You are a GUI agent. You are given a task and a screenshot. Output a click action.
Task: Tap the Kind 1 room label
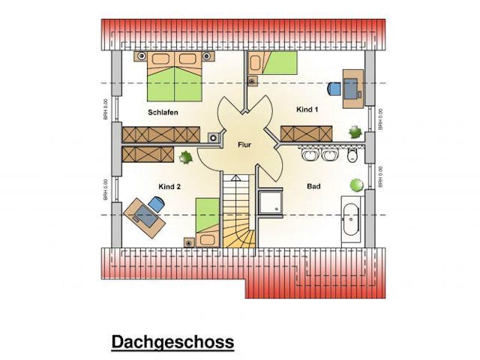pyautogui.click(x=307, y=109)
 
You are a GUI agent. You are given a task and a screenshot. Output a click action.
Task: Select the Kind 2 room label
pyautogui.click(x=169, y=186)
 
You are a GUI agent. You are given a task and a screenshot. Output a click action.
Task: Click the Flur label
pyautogui.click(x=244, y=143)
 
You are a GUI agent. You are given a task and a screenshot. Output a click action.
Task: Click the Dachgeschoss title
pyautogui.click(x=172, y=342)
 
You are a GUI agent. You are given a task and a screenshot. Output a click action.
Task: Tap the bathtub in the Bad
pyautogui.click(x=350, y=220)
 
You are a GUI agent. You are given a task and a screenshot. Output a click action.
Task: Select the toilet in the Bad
pyautogui.click(x=352, y=155)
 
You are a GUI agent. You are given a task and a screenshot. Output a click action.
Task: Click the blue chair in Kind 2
pyautogui.click(x=157, y=202)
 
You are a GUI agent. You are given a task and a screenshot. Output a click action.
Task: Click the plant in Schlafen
pyautogui.click(x=185, y=157)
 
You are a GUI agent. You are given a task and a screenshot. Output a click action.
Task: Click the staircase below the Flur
pyautogui.click(x=238, y=211)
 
